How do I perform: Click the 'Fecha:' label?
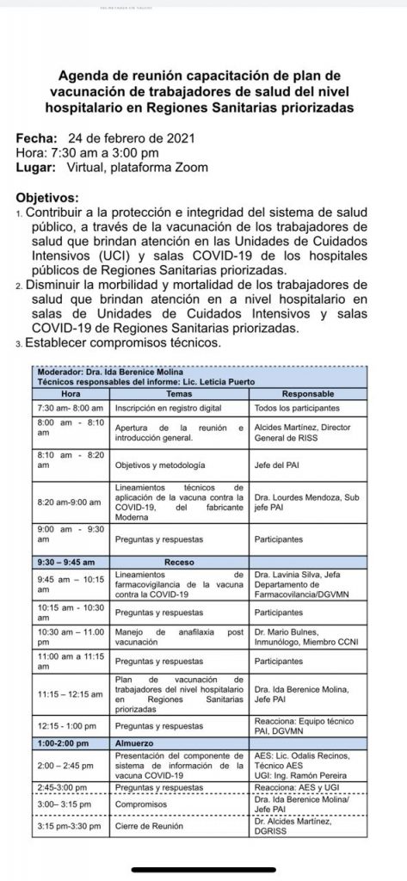pyautogui.click(x=36, y=138)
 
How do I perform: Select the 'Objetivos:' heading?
pyautogui.click(x=49, y=196)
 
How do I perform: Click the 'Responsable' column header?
pyautogui.click(x=308, y=392)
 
